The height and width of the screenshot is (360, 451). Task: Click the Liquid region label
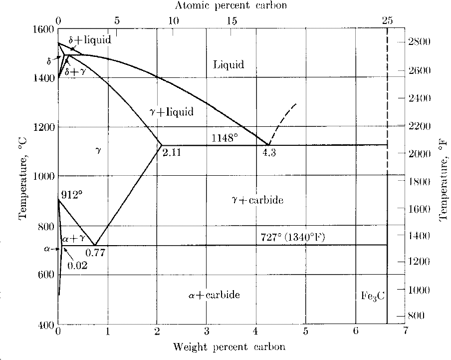point(228,64)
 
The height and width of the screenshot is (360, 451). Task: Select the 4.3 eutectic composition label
point(269,153)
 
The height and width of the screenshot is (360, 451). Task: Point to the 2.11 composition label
point(172,153)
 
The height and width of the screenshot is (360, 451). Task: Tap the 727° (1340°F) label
point(292,237)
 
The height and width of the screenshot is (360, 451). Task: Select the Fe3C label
point(373,295)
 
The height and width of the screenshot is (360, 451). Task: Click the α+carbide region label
point(214,295)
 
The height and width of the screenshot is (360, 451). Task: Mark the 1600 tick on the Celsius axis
point(43,29)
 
